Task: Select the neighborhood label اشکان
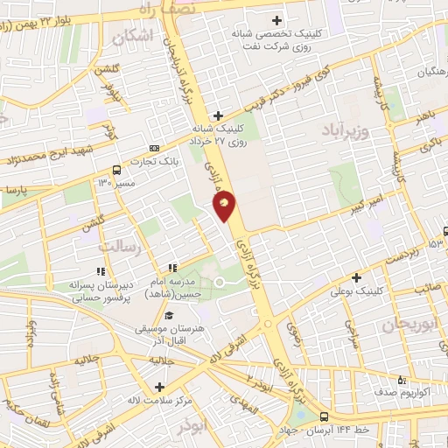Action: (x=132, y=35)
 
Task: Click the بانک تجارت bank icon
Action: (x=155, y=148)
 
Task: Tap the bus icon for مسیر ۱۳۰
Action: (x=116, y=171)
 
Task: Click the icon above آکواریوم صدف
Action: (x=402, y=380)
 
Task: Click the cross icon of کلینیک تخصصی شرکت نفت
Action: (x=277, y=19)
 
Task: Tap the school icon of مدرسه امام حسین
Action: (x=172, y=268)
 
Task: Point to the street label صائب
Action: (x=426, y=286)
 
